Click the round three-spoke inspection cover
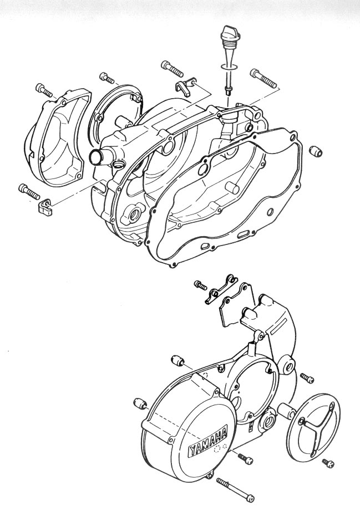point(313,426)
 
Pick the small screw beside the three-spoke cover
point(328,463)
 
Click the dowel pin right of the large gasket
point(316,151)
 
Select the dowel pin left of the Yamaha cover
point(140,403)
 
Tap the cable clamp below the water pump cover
point(44,208)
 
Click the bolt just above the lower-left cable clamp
point(29,191)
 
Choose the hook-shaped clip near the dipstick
point(185,86)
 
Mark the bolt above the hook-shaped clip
point(172,69)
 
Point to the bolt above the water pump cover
point(43,90)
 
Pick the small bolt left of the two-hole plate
point(201,285)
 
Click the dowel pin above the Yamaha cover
point(178,361)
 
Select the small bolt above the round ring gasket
point(107,78)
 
